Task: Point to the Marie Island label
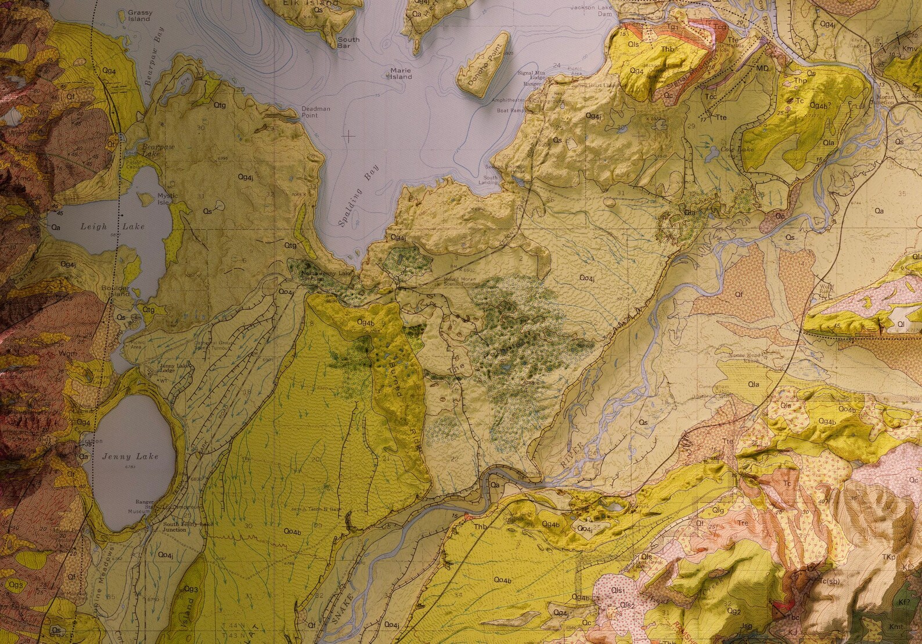coord(401,74)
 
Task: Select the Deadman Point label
coord(316,111)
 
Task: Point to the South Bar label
coord(348,42)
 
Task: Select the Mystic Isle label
coord(168,198)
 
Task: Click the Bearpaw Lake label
coord(155,153)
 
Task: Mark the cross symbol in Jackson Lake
coord(348,136)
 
